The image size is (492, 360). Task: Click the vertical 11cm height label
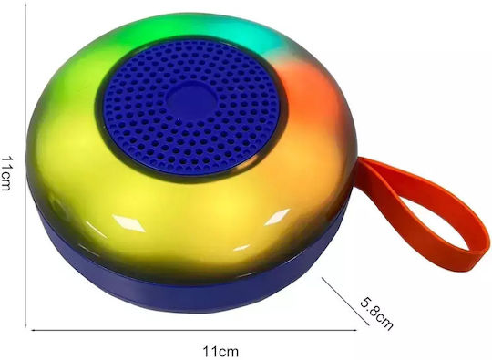click(6, 173)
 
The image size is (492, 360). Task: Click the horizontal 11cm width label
click(220, 351)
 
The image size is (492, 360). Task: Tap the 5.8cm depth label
click(376, 314)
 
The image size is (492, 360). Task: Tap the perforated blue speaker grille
click(191, 106)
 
